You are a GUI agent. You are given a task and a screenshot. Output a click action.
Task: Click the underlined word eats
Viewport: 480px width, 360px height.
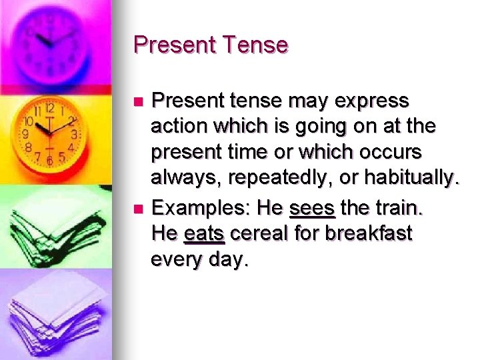[x=205, y=233]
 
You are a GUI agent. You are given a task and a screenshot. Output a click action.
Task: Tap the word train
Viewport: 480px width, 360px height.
[x=399, y=208]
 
